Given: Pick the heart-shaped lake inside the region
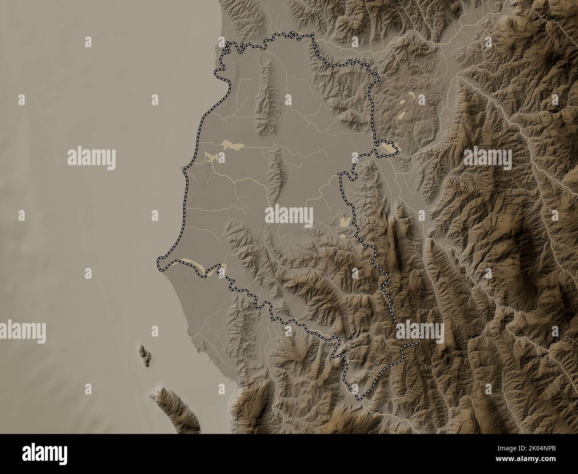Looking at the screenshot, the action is coord(344,220).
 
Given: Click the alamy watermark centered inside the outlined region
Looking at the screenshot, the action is coord(289,215).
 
